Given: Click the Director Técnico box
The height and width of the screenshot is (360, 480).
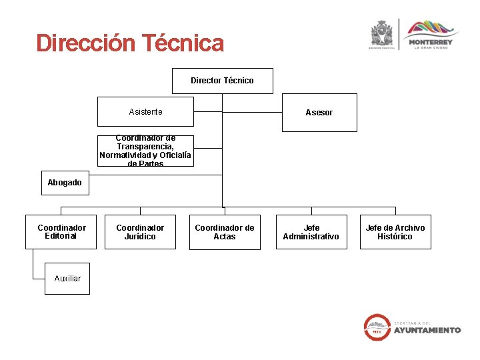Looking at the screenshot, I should coord(222,81).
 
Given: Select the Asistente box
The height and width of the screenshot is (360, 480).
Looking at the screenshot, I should coord(145,111).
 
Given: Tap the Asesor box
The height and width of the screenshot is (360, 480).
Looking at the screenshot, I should coord(319,113).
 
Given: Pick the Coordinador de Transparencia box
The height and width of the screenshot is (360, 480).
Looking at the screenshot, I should coord(145,151).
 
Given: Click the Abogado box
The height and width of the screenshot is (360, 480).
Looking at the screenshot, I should coord(65,183).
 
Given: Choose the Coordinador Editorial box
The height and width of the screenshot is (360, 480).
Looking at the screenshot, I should coord(61,232).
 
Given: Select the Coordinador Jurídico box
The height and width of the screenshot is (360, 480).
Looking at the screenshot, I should coord(140,232).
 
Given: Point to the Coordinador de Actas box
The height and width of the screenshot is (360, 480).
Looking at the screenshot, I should coord(224,232).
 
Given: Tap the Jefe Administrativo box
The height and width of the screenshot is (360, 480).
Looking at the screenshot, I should coord(311,232).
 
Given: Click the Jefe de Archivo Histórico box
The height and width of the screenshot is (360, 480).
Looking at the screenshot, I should coord(395,232).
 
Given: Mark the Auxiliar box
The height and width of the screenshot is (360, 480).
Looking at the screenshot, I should coord(67,278).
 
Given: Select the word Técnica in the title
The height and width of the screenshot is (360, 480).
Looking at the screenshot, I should coord(184,43).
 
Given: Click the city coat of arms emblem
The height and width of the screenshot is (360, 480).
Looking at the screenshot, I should coord(383,33).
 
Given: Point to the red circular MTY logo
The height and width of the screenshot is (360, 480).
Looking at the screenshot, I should coord(377,327).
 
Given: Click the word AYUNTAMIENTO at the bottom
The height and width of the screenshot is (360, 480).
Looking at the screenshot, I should coord(427,330).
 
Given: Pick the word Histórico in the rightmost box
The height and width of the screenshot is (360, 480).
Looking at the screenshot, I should coord(395,237).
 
